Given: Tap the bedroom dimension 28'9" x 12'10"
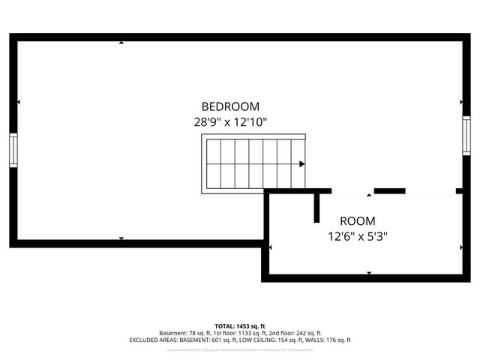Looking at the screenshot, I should coord(230,121).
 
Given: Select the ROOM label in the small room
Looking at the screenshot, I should coord(358,221).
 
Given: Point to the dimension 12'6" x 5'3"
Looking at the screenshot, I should coord(358,235).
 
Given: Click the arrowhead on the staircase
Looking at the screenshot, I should coord(301,163).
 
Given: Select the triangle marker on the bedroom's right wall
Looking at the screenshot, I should coord(460,102).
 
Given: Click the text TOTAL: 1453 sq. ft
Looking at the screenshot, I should coord(240,325).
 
